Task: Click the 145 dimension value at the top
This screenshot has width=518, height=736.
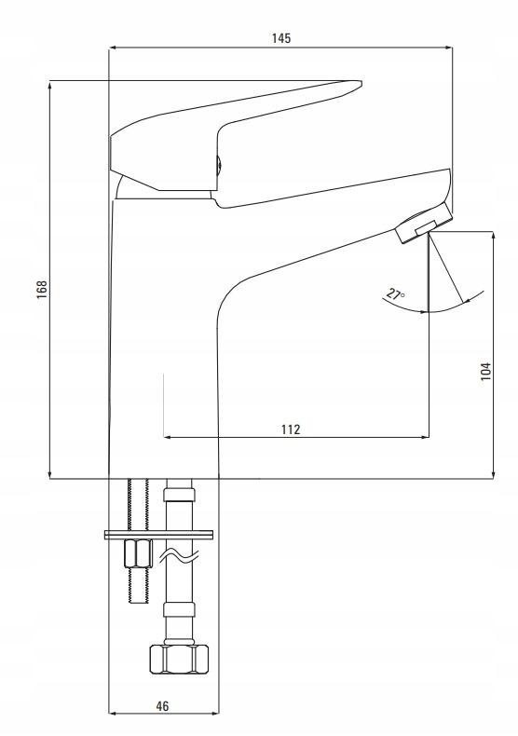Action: point(281,38)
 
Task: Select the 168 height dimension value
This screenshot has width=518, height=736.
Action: point(42,289)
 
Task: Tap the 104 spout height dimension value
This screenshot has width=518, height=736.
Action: point(486,372)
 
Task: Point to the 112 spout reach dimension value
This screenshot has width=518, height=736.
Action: point(291,429)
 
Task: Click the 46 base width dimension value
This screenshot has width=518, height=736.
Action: point(162,705)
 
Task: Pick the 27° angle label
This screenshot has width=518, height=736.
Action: point(395,294)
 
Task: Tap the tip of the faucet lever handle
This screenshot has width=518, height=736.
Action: point(359,84)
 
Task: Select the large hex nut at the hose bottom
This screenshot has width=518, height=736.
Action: point(179,659)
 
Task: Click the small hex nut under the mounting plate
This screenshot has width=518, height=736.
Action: point(138,553)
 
